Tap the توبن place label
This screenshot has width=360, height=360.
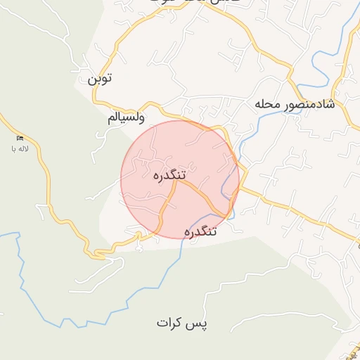pyautogui.click(x=99, y=79)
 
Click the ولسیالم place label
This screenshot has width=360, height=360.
pyautogui.click(x=127, y=117)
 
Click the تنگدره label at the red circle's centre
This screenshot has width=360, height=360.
pyautogui.click(x=169, y=174)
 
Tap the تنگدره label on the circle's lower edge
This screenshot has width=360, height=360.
pyautogui.click(x=201, y=231)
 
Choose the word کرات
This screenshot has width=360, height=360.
pyautogui.click(x=171, y=323)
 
